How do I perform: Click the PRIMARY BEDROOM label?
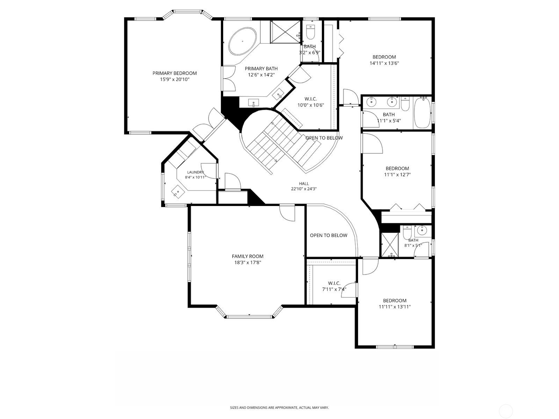(175, 73)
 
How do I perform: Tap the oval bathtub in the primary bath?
(242, 41)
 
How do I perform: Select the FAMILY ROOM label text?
(247, 256)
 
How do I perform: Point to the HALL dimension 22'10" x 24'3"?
(304, 189)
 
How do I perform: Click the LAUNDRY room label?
(195, 172)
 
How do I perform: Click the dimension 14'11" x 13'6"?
(384, 63)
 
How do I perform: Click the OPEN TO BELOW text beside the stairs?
(324, 138)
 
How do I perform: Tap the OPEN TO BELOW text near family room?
(329, 235)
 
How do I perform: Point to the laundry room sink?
(178, 191)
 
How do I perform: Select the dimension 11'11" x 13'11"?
(395, 307)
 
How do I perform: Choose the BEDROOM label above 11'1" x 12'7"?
(397, 168)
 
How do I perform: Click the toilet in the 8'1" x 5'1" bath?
(407, 232)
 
